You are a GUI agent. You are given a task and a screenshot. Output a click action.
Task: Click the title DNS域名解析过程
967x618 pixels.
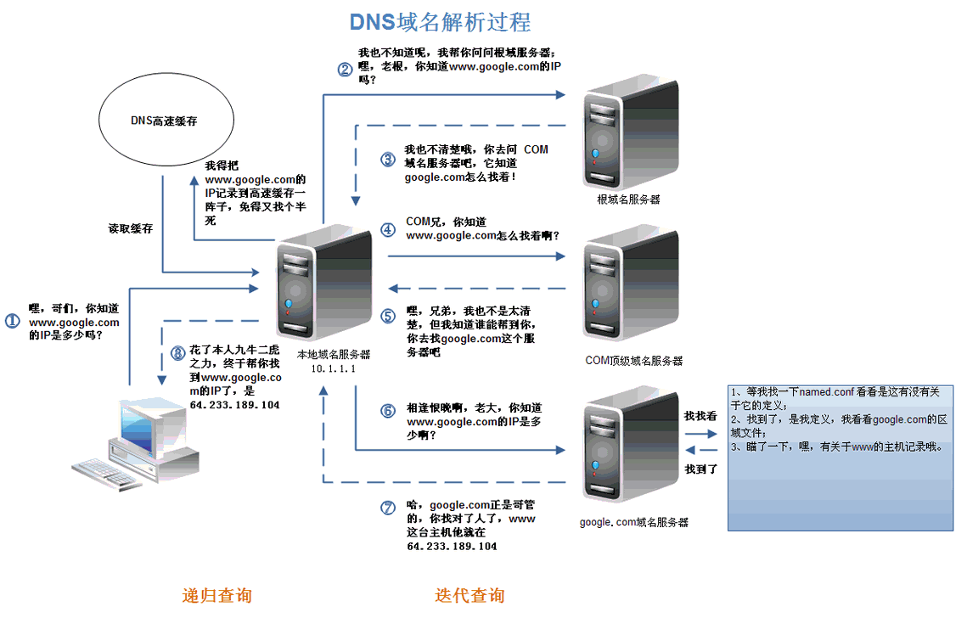(441, 20)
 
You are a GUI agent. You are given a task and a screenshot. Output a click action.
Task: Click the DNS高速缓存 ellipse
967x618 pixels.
(164, 121)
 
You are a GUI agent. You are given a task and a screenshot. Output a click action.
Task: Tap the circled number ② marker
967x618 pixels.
(344, 70)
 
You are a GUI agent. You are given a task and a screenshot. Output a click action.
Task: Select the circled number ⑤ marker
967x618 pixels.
(388, 316)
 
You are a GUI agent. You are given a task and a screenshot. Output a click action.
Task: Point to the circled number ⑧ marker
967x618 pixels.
(177, 352)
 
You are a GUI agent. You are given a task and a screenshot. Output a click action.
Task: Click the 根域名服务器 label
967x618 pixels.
(628, 199)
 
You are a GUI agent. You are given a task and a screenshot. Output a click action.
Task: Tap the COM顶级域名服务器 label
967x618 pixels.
(633, 361)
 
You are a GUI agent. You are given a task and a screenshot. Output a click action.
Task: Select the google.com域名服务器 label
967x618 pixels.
(633, 522)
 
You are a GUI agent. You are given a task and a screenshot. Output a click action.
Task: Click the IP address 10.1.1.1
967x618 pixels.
(333, 369)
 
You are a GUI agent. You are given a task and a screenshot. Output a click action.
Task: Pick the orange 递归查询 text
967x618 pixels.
(216, 595)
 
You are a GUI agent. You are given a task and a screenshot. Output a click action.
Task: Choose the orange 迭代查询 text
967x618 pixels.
(469, 595)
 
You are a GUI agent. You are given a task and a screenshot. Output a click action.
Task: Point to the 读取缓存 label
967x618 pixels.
(130, 228)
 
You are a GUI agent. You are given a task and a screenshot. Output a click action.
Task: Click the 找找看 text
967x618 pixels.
(700, 416)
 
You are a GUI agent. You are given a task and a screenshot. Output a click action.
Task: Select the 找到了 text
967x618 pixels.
(701, 469)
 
